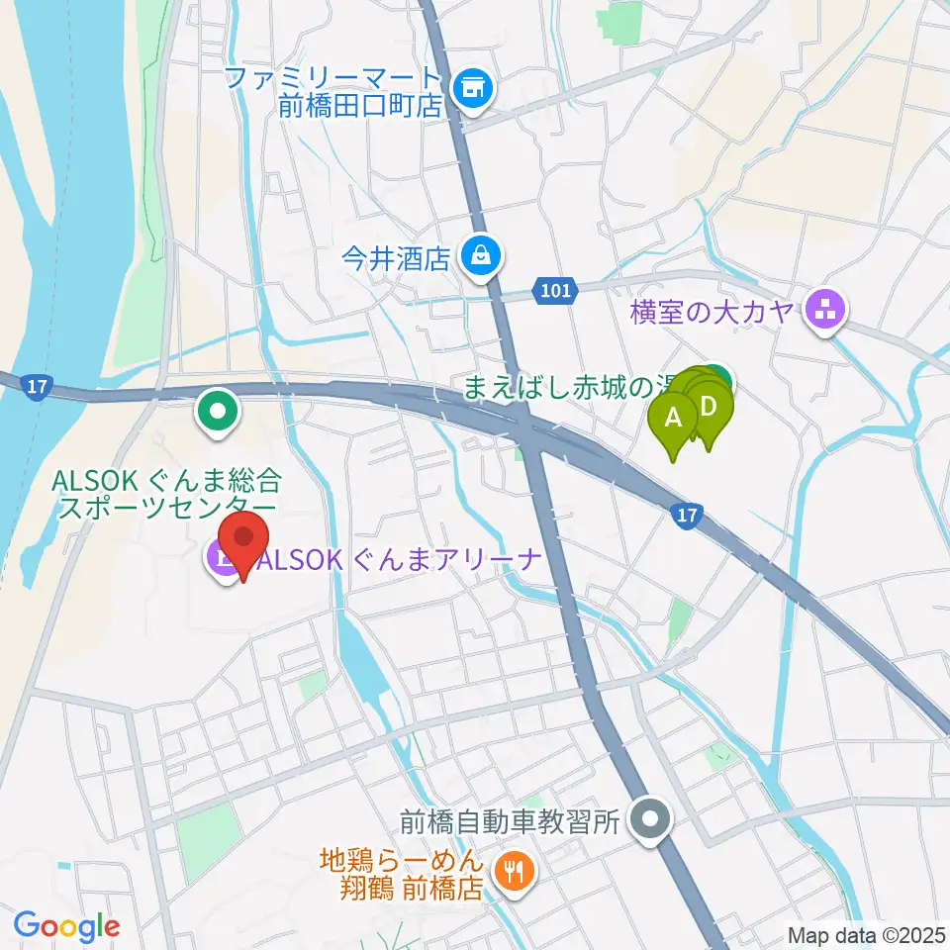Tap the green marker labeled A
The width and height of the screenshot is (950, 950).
tap(675, 419)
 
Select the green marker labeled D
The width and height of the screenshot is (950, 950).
tap(710, 407)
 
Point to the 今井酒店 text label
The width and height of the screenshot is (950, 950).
tap(396, 260)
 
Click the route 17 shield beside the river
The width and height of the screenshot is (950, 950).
tap(37, 387)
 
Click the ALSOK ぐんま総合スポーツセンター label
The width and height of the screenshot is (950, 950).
tap(169, 496)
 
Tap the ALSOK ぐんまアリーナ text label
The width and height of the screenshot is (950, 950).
tap(399, 561)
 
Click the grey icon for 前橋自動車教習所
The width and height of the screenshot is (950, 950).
tap(650, 818)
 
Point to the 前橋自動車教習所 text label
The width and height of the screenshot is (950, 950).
tap(510, 820)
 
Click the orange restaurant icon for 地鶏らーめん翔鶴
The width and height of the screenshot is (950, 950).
tap(513, 871)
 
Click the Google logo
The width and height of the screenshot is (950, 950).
tap(66, 926)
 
